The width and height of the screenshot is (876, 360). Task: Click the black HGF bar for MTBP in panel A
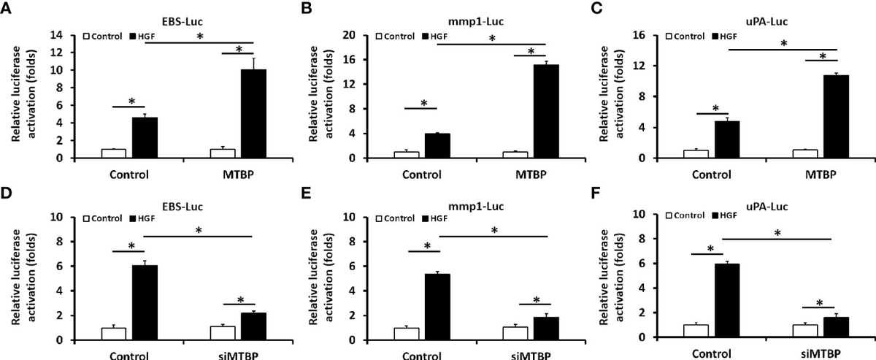253,113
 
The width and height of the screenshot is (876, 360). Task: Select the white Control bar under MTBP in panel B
515,155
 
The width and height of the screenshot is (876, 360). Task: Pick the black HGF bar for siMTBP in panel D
253,326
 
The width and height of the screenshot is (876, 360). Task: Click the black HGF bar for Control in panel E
437,307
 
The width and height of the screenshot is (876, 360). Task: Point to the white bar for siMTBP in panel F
805,331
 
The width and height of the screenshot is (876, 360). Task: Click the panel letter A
6,8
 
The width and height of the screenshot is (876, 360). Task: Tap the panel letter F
595,194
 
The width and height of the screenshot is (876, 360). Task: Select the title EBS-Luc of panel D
183,206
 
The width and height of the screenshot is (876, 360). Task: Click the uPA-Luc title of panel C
766,21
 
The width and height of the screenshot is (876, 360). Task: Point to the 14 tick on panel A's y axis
56,35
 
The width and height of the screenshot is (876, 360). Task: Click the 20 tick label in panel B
349,35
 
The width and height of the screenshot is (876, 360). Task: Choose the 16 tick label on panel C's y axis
639,35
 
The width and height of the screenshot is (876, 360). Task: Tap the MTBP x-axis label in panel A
238,174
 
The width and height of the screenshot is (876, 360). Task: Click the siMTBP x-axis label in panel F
821,354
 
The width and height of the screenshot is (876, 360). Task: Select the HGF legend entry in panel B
435,37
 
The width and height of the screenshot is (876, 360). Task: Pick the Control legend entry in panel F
685,215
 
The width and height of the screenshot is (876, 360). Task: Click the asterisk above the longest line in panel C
784,43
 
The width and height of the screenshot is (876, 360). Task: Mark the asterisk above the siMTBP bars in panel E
536,300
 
